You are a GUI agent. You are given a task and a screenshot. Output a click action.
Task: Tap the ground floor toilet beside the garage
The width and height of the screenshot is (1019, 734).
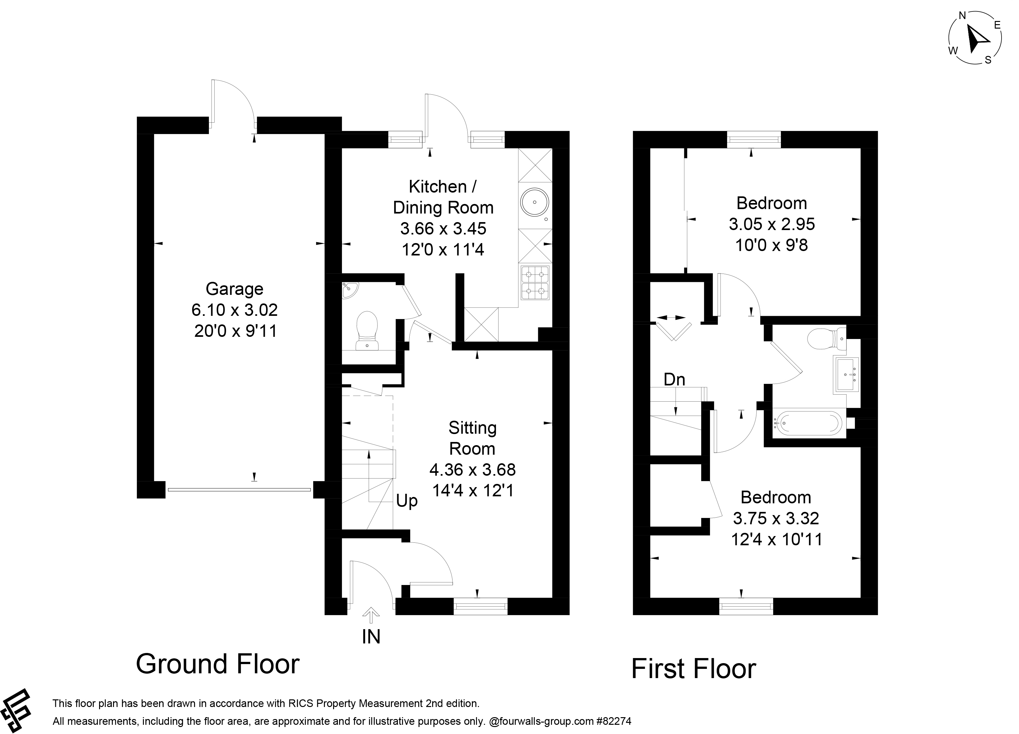pyautogui.click(x=367, y=330)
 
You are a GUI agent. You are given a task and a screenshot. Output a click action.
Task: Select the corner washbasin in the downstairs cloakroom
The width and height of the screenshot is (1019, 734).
pyautogui.click(x=349, y=290)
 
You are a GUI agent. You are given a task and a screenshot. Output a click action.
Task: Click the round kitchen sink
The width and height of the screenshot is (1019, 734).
pyautogui.click(x=535, y=202)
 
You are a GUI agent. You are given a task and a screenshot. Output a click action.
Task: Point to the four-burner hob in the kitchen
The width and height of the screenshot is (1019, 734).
pyautogui.click(x=535, y=283)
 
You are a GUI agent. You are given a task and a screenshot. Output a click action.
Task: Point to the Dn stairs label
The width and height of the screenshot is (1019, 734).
pyautogui.click(x=674, y=380)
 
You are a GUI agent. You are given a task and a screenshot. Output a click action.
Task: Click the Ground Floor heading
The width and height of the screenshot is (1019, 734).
pyautogui.click(x=218, y=664)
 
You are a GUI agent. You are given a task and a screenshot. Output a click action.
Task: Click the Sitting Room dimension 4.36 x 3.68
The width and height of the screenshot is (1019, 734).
pyautogui.click(x=473, y=470)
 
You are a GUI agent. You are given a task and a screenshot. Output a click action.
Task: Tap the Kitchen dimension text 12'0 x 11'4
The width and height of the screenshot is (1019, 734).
pyautogui.click(x=443, y=249)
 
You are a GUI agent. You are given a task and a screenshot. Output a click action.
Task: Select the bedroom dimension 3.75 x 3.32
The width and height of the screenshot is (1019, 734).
pyautogui.click(x=776, y=518)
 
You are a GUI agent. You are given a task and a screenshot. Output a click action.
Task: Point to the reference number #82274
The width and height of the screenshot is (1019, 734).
pyautogui.click(x=614, y=721)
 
